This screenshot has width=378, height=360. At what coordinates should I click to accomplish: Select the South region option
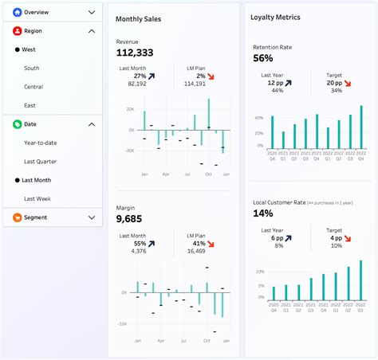(x=32, y=68)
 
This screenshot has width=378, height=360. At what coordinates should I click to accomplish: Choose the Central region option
(x=33, y=86)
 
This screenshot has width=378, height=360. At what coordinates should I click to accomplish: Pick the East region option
(x=30, y=105)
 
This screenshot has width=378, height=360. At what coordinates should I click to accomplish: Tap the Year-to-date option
(x=39, y=143)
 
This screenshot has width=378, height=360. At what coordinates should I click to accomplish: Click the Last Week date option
(x=37, y=198)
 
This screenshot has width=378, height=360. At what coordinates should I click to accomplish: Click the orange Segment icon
(x=17, y=217)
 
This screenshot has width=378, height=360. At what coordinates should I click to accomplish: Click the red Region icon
(x=17, y=31)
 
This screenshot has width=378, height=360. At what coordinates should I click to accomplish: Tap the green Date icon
(x=17, y=124)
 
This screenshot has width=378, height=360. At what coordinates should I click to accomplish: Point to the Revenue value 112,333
(x=135, y=53)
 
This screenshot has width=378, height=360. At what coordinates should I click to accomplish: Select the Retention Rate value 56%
(x=263, y=58)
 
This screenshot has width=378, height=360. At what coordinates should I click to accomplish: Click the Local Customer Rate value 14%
(x=263, y=213)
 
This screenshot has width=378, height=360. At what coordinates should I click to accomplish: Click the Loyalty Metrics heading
(x=275, y=17)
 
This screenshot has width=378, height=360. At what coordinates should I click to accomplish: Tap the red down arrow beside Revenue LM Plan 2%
(x=211, y=76)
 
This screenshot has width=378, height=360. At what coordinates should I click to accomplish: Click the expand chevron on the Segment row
(x=92, y=217)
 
